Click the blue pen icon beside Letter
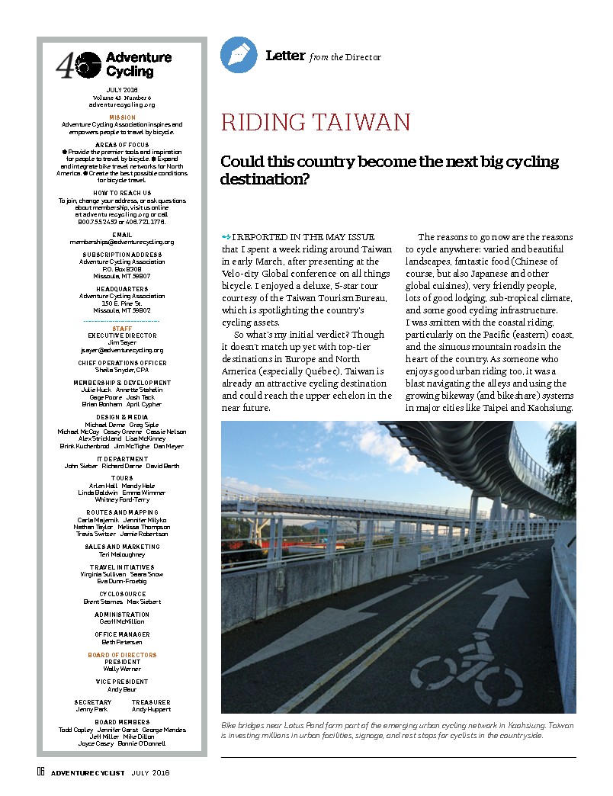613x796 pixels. [x=239, y=55]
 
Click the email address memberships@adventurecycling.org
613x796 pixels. [x=122, y=242]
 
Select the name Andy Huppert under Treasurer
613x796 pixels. [x=150, y=709]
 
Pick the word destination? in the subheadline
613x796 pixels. [x=265, y=179]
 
